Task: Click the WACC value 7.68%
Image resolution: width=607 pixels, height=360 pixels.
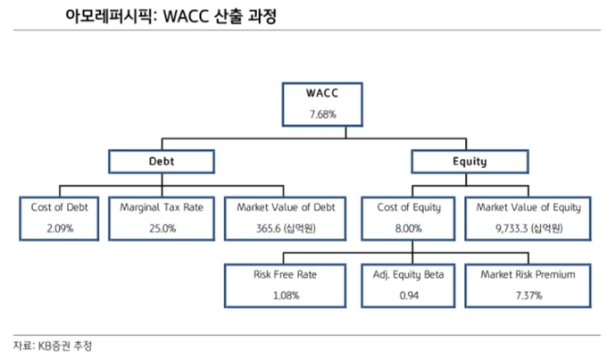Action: tap(322, 114)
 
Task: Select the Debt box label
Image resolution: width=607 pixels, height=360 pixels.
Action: tap(162, 161)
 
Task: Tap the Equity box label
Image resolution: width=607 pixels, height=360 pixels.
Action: tap(470, 162)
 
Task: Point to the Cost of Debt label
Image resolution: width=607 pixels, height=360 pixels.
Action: tap(60, 207)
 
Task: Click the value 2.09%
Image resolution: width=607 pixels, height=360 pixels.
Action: tap(60, 229)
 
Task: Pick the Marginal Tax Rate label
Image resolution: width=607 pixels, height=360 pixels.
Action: tap(162, 208)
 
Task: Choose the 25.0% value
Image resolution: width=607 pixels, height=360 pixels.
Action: tap(162, 229)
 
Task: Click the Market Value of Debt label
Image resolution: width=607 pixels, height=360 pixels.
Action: tap(286, 207)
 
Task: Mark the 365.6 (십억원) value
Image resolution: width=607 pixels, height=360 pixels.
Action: tap(286, 229)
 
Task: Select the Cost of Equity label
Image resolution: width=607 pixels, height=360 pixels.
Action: tap(409, 208)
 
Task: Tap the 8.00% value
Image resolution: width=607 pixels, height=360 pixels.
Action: tap(409, 229)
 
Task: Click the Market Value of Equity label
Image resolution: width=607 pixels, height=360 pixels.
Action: tap(528, 208)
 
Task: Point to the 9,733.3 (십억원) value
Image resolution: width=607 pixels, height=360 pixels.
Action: tap(528, 229)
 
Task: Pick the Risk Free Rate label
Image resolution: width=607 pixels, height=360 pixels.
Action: tap(285, 274)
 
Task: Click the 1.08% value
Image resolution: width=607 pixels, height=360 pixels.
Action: tap(286, 296)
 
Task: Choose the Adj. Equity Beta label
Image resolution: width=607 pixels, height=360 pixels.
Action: tap(409, 275)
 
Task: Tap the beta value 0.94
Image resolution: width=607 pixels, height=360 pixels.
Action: tap(409, 296)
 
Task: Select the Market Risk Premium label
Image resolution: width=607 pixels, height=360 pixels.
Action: tap(528, 274)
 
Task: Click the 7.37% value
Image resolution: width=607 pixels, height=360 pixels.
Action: tap(528, 296)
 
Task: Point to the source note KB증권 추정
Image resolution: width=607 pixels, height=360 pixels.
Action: tap(64, 346)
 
